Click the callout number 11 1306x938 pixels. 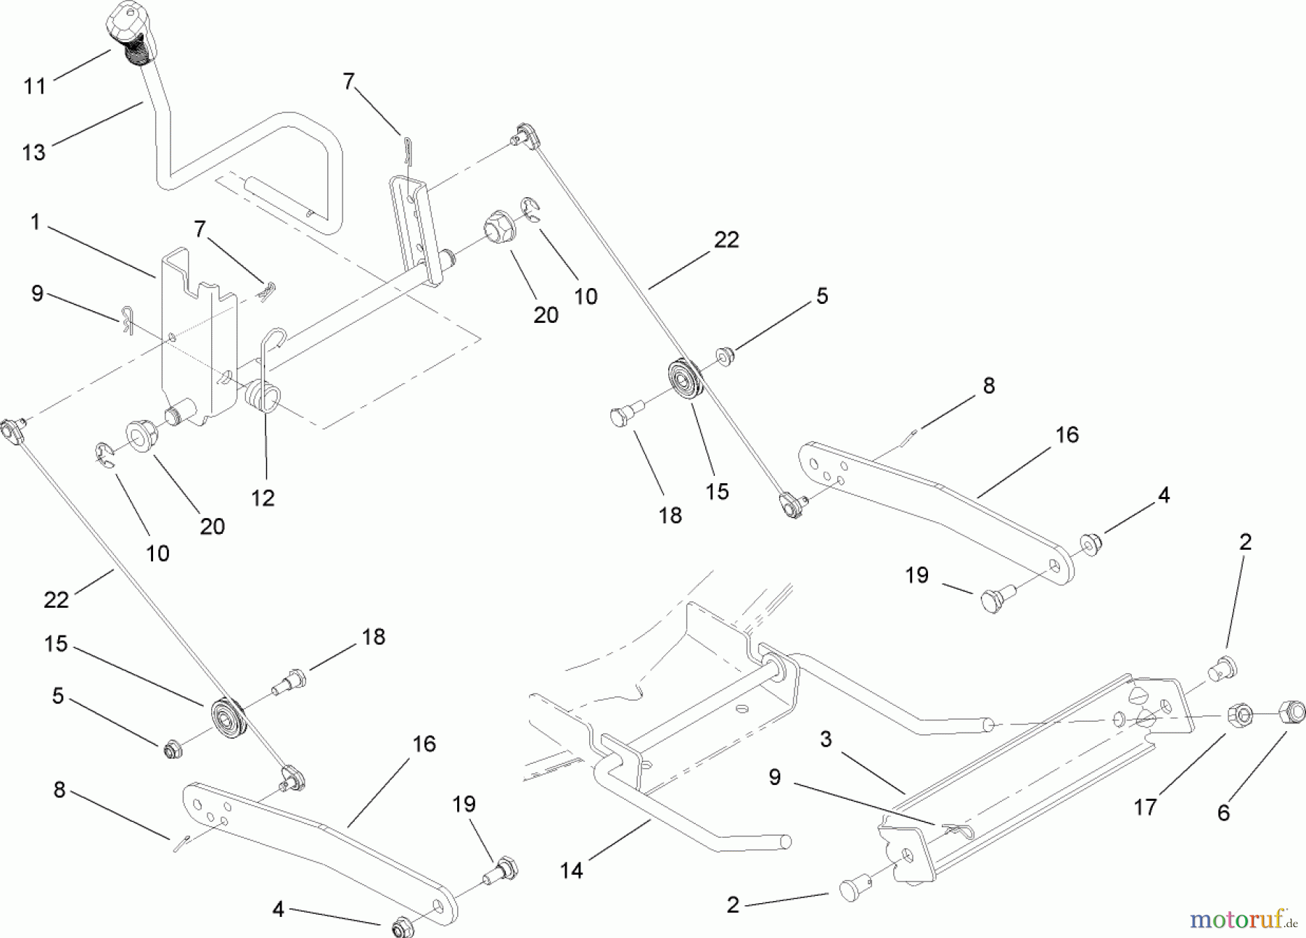point(34,86)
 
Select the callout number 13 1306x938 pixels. point(34,152)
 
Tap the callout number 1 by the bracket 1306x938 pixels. point(36,222)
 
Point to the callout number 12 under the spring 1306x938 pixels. point(263,498)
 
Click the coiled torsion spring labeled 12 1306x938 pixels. point(263,396)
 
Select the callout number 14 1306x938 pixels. point(571,870)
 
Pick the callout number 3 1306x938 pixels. point(825,739)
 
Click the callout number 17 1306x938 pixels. point(1145,807)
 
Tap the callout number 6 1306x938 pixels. point(1223,813)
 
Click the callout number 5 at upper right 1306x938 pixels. point(821,296)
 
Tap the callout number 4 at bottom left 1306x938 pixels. point(278,909)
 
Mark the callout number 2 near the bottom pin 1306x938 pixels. point(732,905)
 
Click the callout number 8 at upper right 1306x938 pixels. point(989,386)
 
